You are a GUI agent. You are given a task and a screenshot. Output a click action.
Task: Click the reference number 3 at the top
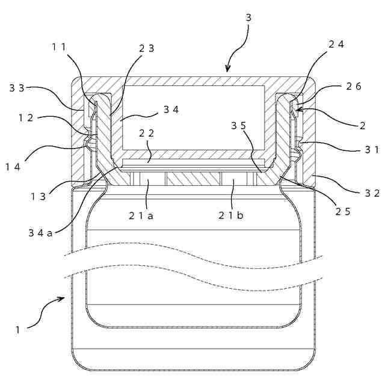248,17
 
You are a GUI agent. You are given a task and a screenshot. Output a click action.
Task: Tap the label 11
60,46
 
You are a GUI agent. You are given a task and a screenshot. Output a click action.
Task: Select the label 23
147,49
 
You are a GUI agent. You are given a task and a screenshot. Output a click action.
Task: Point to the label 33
17,88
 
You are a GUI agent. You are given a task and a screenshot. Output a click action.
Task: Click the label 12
25,118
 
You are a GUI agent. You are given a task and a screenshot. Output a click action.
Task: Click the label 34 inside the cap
171,110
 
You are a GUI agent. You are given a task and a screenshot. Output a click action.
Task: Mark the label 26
354,87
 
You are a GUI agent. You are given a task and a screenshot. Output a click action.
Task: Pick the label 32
372,193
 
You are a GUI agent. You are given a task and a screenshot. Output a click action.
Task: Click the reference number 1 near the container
18,329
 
